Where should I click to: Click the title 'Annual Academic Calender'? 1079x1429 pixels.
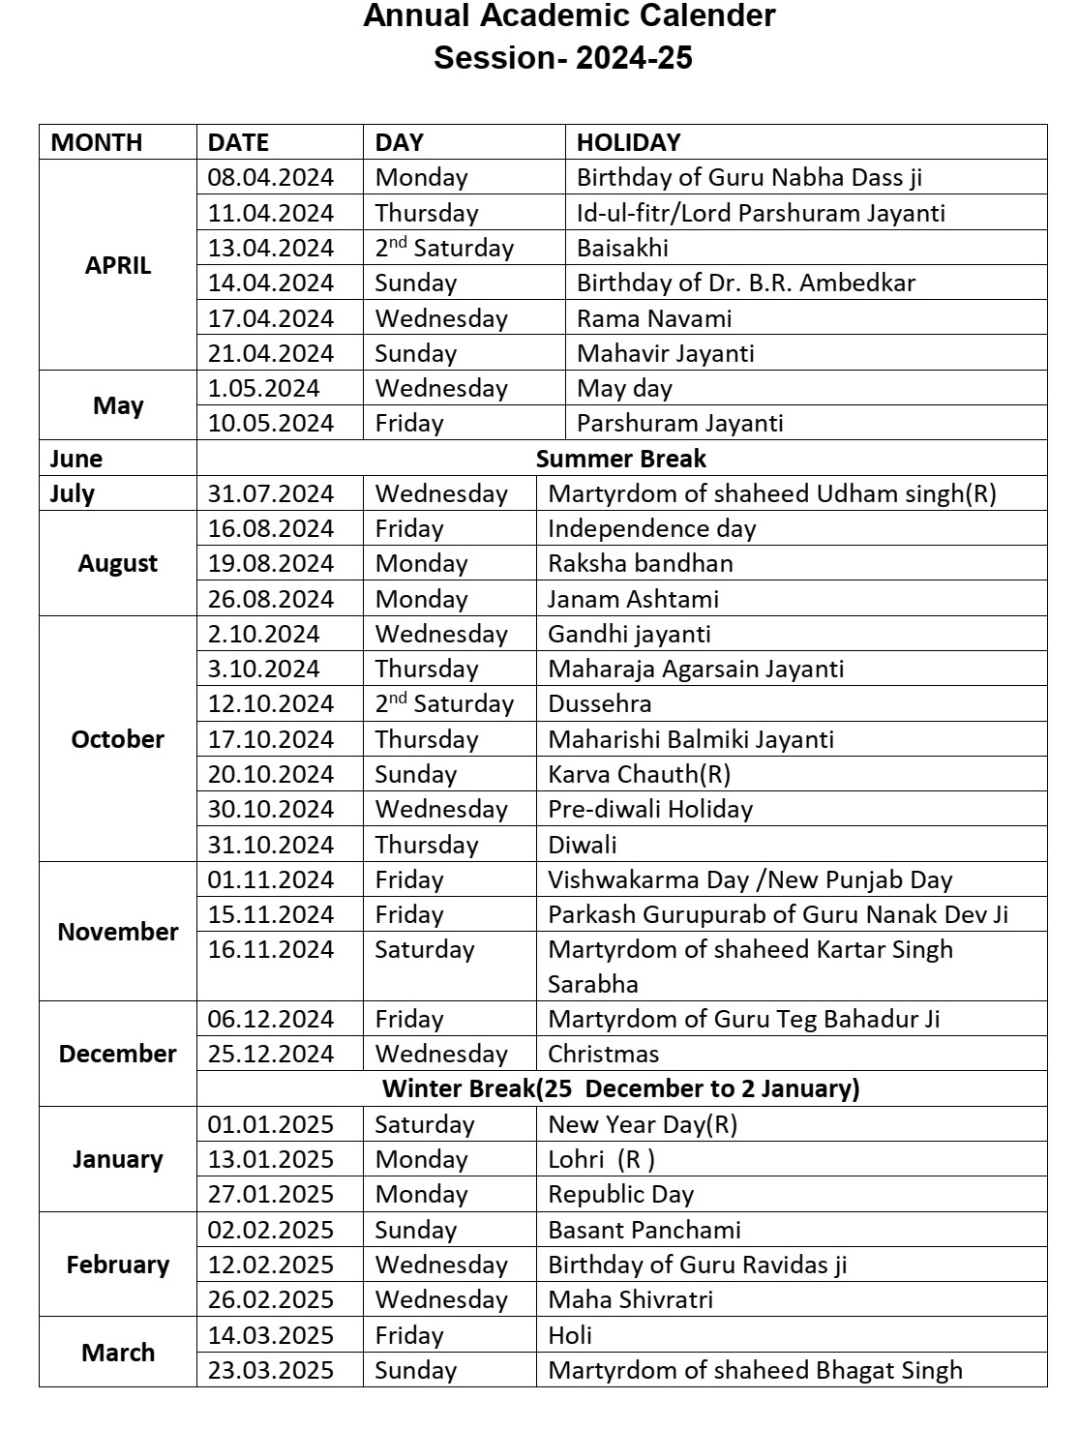(x=569, y=16)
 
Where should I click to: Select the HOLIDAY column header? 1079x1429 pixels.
(x=628, y=142)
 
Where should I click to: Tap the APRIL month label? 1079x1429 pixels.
(x=118, y=265)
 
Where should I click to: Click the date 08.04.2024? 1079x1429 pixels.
(x=270, y=178)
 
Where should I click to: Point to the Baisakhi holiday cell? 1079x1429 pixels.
(x=622, y=248)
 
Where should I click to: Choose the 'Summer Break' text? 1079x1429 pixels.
(x=620, y=459)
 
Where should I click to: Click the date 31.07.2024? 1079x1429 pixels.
(x=270, y=493)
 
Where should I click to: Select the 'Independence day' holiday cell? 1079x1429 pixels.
(x=651, y=528)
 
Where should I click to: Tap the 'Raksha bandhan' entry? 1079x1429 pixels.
(x=640, y=563)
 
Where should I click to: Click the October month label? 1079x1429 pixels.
(x=118, y=739)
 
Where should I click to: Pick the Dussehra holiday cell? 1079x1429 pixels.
(x=599, y=703)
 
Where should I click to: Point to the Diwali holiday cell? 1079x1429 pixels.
(x=582, y=845)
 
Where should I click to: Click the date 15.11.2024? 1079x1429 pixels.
(x=270, y=914)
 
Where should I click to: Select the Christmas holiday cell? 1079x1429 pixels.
(x=603, y=1054)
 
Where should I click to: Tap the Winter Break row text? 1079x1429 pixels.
(x=620, y=1088)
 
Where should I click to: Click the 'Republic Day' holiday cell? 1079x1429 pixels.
(x=620, y=1194)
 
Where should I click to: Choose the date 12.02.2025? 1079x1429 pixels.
(x=270, y=1265)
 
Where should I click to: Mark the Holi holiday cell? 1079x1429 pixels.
(x=570, y=1335)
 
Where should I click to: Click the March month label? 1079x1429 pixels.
(x=118, y=1353)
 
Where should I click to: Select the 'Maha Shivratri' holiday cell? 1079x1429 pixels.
(x=630, y=1299)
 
